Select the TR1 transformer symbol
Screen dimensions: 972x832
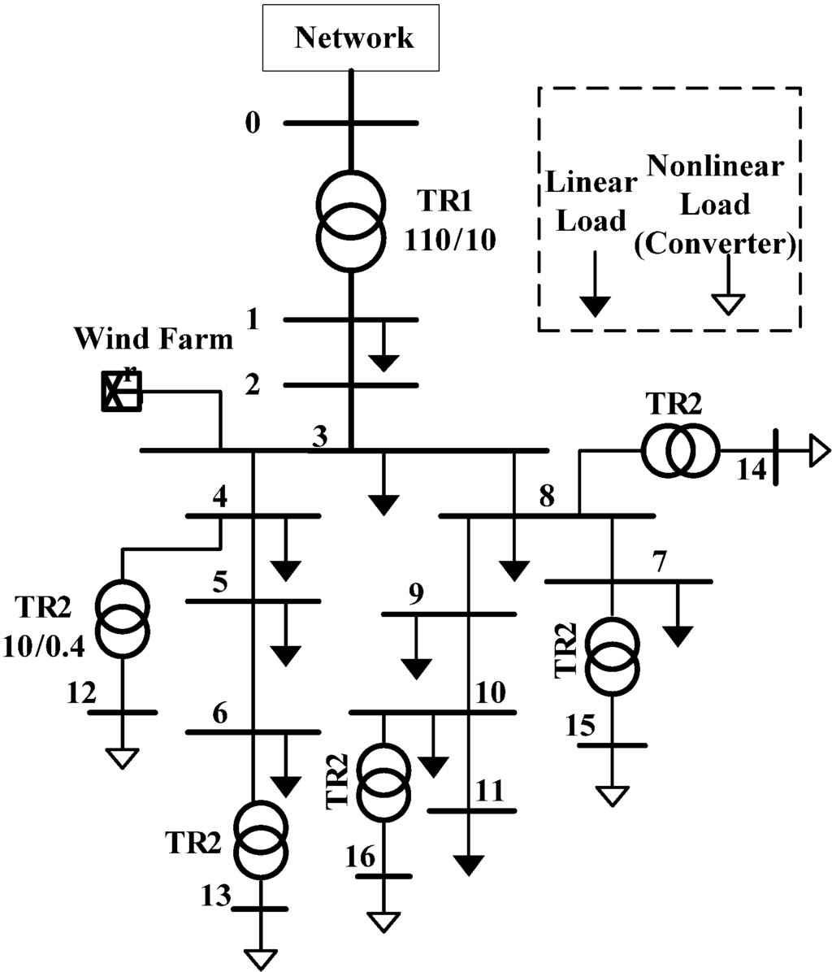(x=350, y=220)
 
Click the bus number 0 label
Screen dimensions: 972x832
(x=253, y=124)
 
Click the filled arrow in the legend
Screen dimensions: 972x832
(x=596, y=305)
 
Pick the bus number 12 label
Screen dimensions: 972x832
(x=81, y=693)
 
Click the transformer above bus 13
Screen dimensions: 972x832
(x=261, y=839)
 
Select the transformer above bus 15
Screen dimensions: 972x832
(x=613, y=657)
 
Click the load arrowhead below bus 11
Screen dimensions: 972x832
(x=469, y=865)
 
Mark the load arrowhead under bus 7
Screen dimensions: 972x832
(x=678, y=636)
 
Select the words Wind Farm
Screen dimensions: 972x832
(x=154, y=338)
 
